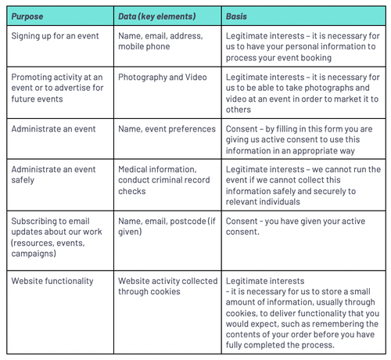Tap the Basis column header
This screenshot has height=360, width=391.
click(237, 16)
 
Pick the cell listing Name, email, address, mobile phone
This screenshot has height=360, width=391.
click(160, 41)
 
